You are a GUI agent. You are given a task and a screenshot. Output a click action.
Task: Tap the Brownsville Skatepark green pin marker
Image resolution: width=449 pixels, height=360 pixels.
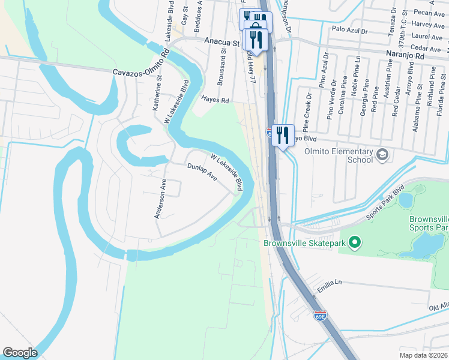tap(354, 243)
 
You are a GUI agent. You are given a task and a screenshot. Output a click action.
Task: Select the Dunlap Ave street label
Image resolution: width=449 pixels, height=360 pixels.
tap(202, 173)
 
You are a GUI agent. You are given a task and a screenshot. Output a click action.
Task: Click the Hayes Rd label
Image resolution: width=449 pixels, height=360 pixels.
tap(215, 101)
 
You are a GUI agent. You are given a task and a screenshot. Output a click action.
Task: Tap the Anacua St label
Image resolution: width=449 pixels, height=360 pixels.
tap(221, 43)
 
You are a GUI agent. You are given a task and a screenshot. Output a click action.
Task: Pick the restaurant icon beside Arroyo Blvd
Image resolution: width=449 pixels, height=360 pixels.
tap(282, 134)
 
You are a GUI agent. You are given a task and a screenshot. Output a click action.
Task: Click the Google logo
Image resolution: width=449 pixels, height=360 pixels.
tap(20, 353)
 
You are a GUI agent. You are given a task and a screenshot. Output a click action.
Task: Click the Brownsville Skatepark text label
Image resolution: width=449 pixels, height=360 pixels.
tap(305, 243)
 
